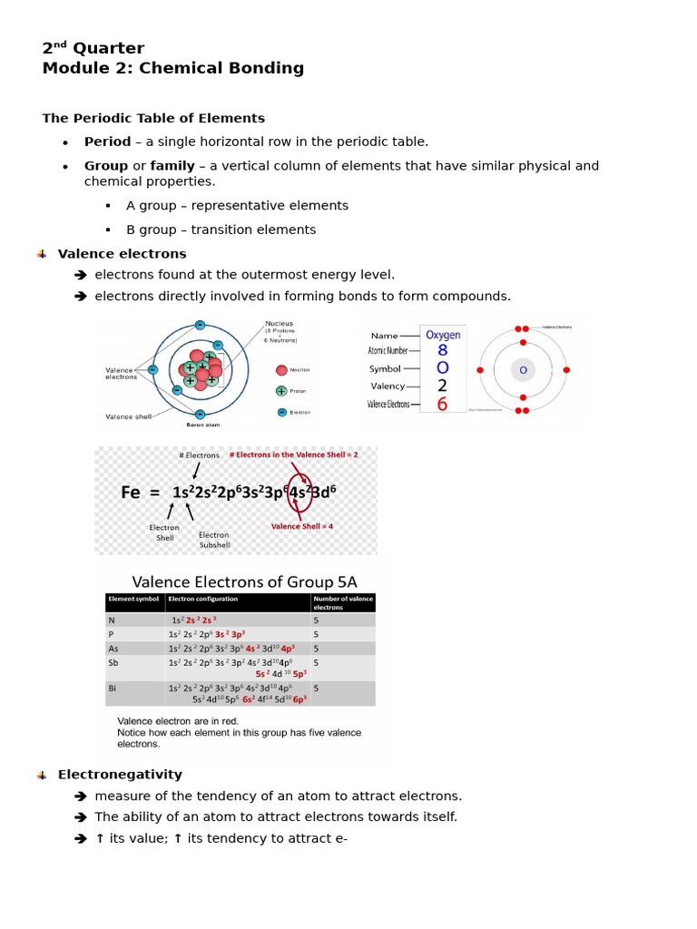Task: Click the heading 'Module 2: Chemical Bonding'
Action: (x=173, y=69)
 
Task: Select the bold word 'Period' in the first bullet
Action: (x=107, y=142)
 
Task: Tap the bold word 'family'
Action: (x=171, y=166)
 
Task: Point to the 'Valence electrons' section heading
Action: (x=122, y=254)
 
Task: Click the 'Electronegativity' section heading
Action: (x=120, y=775)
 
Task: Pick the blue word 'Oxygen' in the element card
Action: (x=443, y=335)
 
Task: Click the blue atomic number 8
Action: (x=442, y=350)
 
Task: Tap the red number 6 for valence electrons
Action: (x=442, y=405)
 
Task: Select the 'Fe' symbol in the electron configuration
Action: (x=132, y=493)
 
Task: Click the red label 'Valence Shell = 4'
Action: (x=301, y=526)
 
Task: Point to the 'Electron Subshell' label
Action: (x=214, y=540)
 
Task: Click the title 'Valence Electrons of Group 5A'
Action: (x=245, y=582)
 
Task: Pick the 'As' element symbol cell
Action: (x=113, y=649)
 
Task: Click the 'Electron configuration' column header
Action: (x=203, y=599)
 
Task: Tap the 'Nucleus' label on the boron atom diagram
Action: (x=280, y=324)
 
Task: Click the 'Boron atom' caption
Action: (x=201, y=424)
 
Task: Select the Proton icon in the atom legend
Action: (x=281, y=391)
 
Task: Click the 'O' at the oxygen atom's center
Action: (x=523, y=369)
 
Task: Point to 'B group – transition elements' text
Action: (x=221, y=230)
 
